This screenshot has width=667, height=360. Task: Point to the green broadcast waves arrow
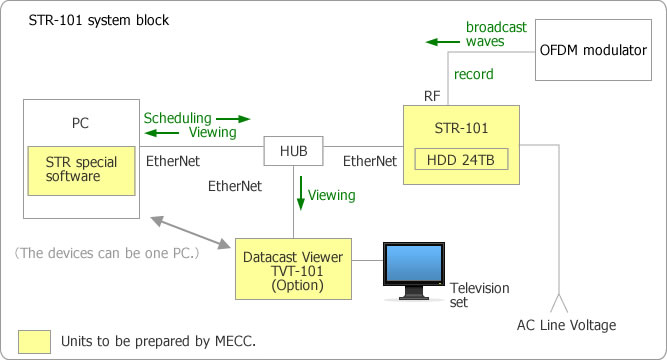point(438,42)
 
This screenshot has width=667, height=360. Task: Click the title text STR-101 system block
point(85,19)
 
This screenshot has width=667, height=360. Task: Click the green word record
point(473,75)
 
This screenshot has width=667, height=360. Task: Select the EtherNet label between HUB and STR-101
point(369,160)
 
